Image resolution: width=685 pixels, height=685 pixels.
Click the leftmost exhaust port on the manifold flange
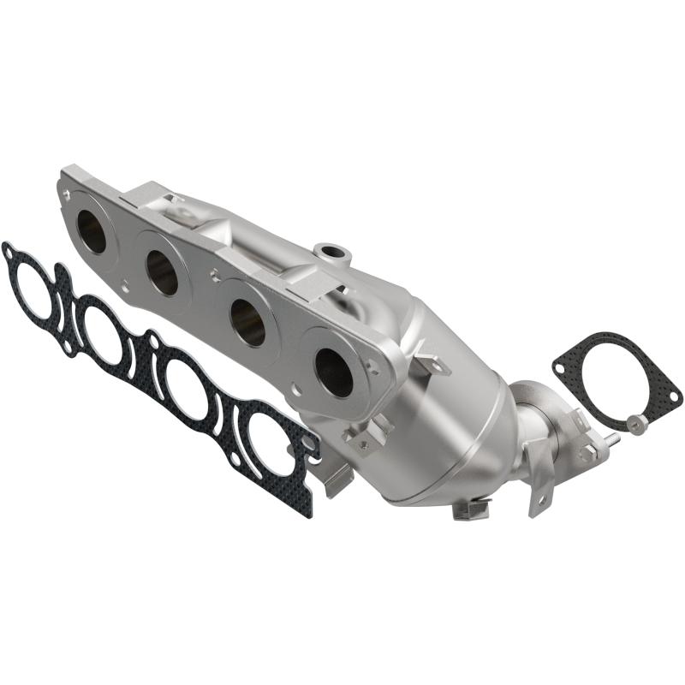pos(91,231)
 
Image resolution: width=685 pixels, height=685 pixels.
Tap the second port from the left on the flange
pos(162,272)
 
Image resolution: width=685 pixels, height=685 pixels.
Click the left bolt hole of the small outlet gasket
pos(560,368)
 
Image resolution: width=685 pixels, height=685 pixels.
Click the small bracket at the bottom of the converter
pos(470,510)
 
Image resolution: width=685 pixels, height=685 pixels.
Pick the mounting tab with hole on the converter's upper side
pos(432,364)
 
